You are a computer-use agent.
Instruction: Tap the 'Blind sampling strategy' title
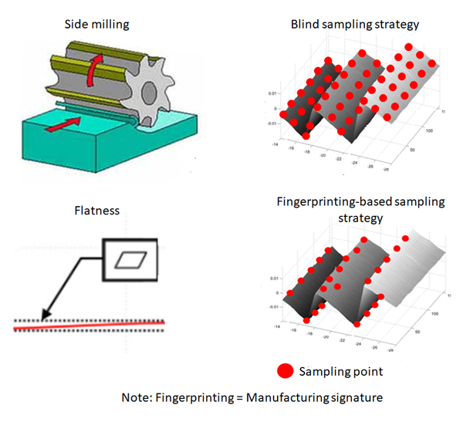click(x=355, y=25)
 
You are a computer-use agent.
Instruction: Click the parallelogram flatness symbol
click(x=130, y=261)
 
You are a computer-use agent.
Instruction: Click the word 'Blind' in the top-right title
click(x=306, y=25)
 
